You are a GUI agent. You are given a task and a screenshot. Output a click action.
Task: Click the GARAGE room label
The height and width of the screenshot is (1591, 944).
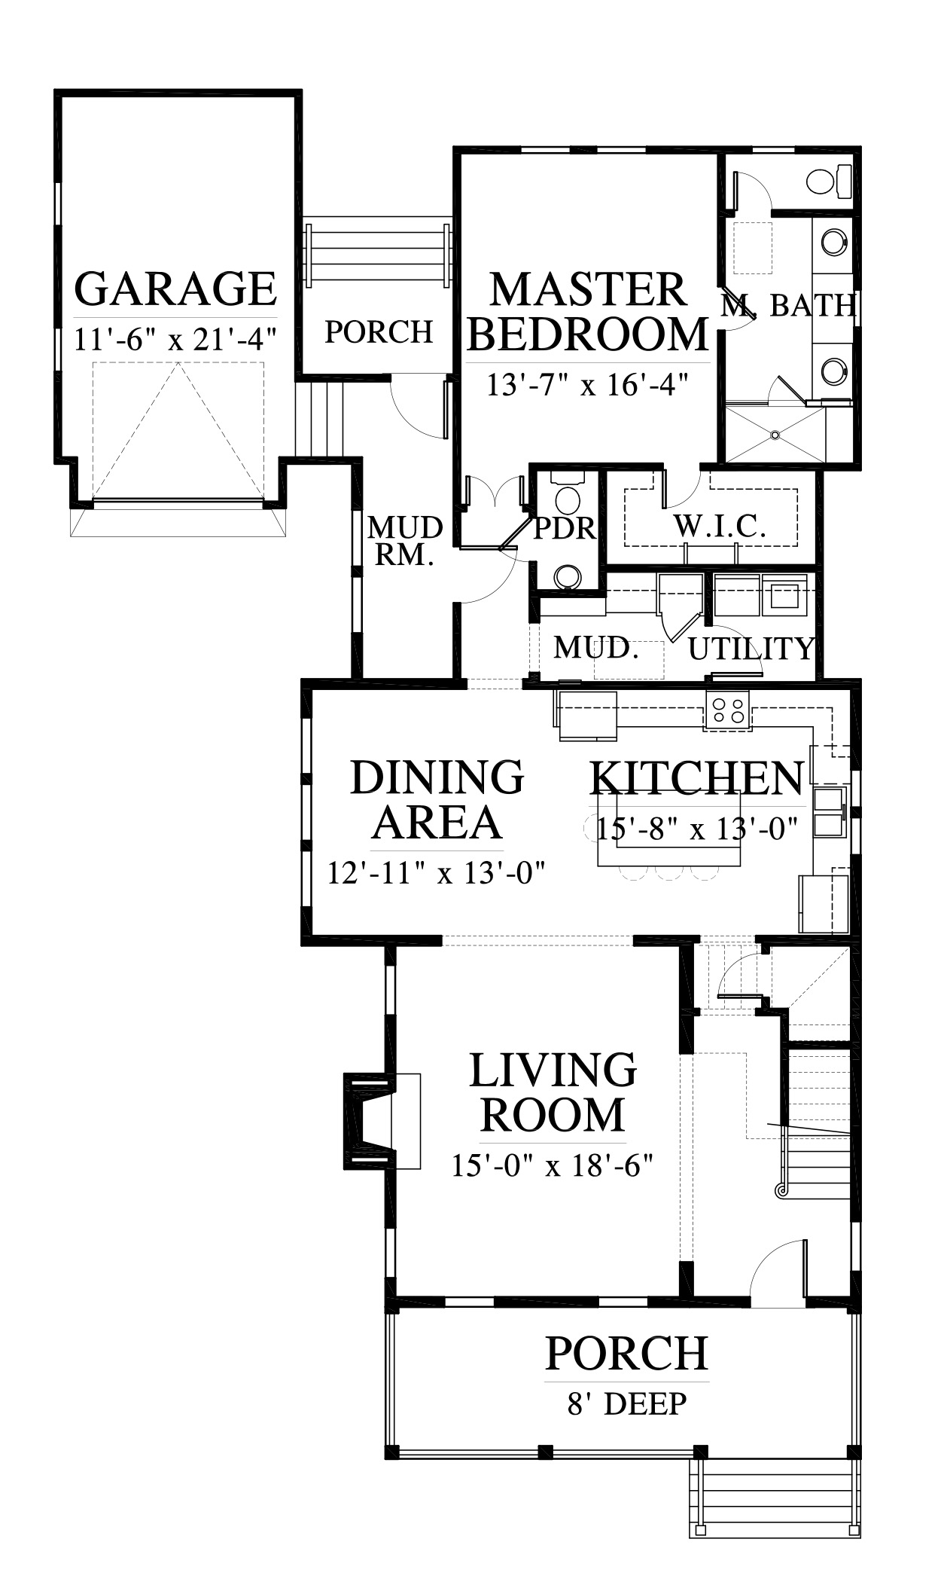coord(176,289)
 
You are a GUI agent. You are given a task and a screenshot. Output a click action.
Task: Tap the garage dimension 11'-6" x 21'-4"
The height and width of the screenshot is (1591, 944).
coord(176,340)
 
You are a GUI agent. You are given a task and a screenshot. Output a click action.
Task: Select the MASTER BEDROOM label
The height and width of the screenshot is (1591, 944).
coord(588,312)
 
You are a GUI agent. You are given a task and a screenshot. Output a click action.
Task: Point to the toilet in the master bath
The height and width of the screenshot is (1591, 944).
coord(829,181)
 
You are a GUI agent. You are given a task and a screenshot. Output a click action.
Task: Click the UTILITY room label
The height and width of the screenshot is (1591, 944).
coord(751,648)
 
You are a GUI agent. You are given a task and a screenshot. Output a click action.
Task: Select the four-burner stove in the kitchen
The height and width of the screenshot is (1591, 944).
coord(728,710)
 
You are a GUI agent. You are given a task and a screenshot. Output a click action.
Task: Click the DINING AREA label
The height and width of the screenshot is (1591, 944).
coord(437,799)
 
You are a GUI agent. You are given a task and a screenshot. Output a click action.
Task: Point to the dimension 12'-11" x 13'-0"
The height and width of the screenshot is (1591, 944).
coord(436,873)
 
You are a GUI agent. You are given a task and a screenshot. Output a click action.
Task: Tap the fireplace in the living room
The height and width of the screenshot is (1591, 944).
coord(370,1121)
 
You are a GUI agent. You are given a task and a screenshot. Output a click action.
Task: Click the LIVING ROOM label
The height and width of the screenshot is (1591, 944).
coord(553,1092)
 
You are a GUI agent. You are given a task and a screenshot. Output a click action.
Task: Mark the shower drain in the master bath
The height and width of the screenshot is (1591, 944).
coord(775,434)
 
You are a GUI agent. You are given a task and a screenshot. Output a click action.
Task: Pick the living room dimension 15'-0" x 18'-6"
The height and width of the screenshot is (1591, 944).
coord(551,1166)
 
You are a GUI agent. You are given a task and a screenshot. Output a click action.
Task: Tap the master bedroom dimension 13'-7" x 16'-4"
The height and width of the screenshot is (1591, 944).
coord(588,386)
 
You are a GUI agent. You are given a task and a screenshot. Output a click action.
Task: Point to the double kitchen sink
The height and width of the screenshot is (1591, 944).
coord(830,811)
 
